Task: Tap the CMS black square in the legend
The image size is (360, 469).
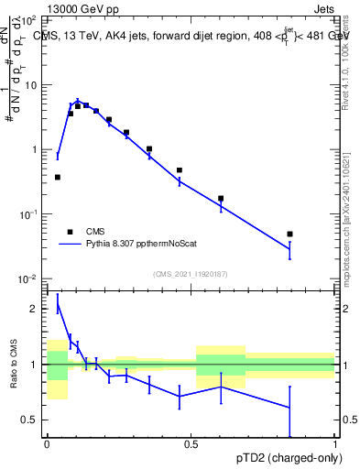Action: click(x=70, y=232)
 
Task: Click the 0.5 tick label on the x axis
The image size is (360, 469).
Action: click(x=191, y=444)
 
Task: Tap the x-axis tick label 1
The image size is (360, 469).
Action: click(x=335, y=444)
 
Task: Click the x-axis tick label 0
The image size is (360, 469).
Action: click(x=47, y=444)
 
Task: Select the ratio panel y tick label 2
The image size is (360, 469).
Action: click(x=36, y=309)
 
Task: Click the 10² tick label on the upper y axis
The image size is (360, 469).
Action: click(x=30, y=19)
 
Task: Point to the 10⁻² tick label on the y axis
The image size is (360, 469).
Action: click(x=29, y=278)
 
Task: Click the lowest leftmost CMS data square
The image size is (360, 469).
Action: click(x=58, y=177)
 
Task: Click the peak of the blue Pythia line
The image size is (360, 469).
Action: click(x=78, y=101)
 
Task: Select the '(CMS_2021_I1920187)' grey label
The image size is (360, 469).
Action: click(x=190, y=273)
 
